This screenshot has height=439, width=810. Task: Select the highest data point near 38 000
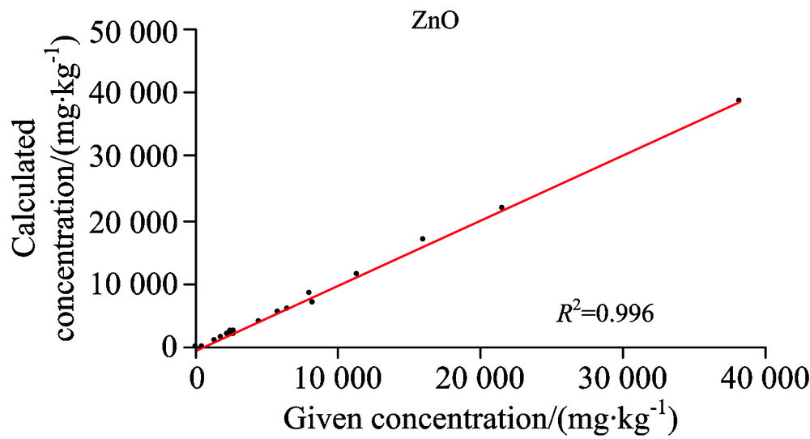coord(739,100)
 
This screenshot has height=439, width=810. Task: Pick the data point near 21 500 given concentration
coord(501,207)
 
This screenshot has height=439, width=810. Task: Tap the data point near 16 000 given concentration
coord(422,239)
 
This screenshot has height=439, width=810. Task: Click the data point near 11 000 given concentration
coord(356,274)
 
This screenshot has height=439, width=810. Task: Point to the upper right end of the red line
coord(740,103)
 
